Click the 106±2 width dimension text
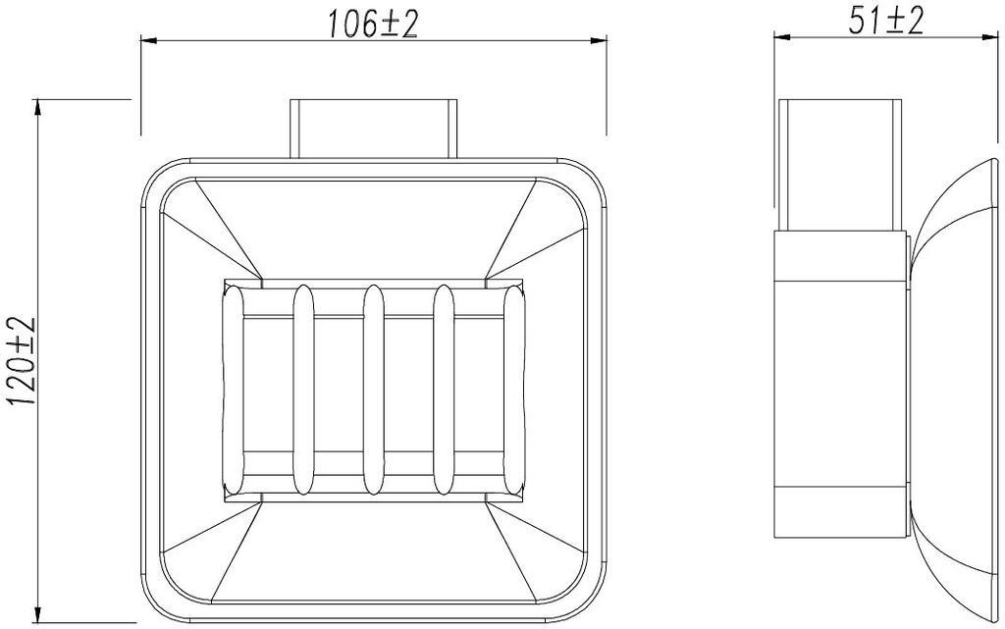(x=372, y=25)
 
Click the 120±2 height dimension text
(x=24, y=360)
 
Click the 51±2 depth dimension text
(x=886, y=22)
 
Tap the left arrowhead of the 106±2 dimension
(x=149, y=41)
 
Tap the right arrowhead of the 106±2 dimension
(x=599, y=41)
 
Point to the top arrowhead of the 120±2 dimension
(x=38, y=108)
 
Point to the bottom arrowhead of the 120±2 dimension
(x=38, y=613)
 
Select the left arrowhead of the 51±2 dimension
(x=782, y=37)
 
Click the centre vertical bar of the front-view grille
(x=374, y=391)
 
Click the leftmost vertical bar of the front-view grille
(x=234, y=391)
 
